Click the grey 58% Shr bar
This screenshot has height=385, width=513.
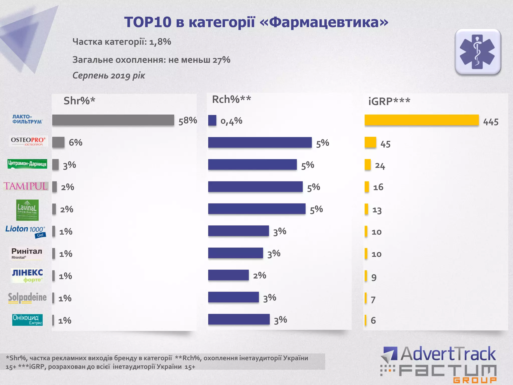point(113,120)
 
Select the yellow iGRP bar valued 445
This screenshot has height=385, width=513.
point(422,120)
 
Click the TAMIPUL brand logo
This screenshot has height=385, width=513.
point(26,186)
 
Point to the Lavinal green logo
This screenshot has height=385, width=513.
point(27,210)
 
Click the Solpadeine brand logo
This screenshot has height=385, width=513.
point(27,298)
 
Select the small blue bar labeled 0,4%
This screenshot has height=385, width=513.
point(212,120)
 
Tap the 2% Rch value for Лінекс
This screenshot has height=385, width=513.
point(259,275)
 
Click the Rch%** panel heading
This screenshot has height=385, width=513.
point(231,100)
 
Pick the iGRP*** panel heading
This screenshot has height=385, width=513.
point(389,101)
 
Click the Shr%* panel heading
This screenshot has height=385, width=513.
point(79,101)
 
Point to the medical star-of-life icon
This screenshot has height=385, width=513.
point(478,52)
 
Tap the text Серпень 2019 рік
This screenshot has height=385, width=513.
point(109,75)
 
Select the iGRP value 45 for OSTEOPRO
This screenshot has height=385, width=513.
point(385,144)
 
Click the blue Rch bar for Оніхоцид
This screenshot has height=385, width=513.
point(239,319)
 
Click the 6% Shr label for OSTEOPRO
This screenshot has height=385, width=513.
point(75,142)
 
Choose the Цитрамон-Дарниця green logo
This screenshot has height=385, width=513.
point(27,164)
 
